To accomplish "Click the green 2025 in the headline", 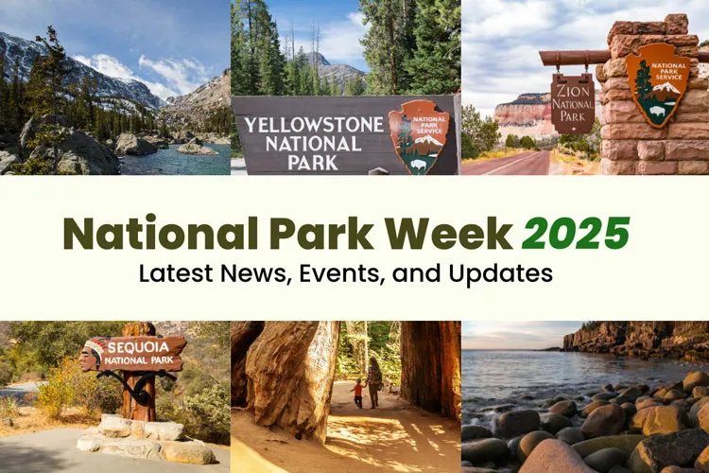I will coord(576,233).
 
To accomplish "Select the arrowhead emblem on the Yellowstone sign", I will coord(418,136).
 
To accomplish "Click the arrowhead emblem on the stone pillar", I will coord(656,84).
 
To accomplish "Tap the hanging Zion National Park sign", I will coord(573,103).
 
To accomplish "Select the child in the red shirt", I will coord(357,392).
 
